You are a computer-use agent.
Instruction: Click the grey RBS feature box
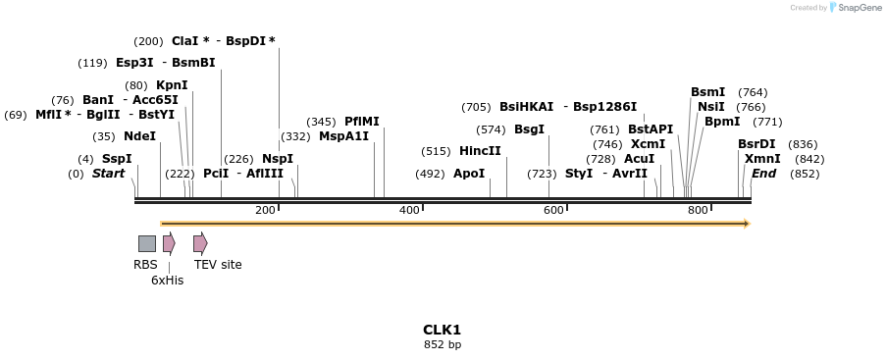[x=146, y=243]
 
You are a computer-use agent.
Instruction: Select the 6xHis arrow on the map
[x=169, y=243]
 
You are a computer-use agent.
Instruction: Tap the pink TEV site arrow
[x=200, y=243]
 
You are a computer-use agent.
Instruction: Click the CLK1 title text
[x=442, y=330]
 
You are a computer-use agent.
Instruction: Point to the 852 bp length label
[x=442, y=344]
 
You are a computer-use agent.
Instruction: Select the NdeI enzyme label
[x=139, y=136]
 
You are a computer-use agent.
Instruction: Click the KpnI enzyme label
[x=172, y=85]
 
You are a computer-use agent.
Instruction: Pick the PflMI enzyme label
[x=361, y=122]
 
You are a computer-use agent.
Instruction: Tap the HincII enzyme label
[x=480, y=151]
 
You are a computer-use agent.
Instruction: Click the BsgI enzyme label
[x=529, y=129]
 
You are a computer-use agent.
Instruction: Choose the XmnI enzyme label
[x=762, y=159]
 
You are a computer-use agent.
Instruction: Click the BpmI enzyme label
[x=722, y=122]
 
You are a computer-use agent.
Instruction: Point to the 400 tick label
[x=409, y=210]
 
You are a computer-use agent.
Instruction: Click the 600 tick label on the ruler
[x=553, y=210]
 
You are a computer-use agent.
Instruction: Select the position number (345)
[x=321, y=122]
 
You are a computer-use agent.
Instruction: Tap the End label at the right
[x=763, y=174]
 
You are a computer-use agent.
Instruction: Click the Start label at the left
[x=108, y=174]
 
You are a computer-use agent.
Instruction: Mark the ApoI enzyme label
[x=469, y=174]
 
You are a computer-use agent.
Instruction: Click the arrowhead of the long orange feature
[x=747, y=224]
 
